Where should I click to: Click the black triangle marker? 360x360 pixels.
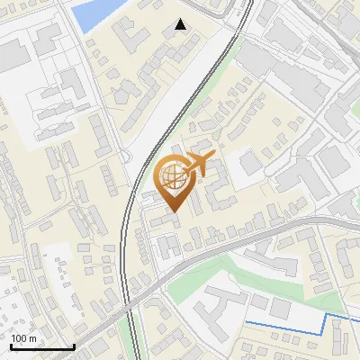(x=181, y=24)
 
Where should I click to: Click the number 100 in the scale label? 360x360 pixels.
(x=19, y=338)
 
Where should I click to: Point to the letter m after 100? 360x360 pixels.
(x=31, y=338)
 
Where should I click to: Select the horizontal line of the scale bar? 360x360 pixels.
(x=41, y=347)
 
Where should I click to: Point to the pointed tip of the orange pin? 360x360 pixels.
(x=172, y=212)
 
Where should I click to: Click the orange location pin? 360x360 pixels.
(x=172, y=184)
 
